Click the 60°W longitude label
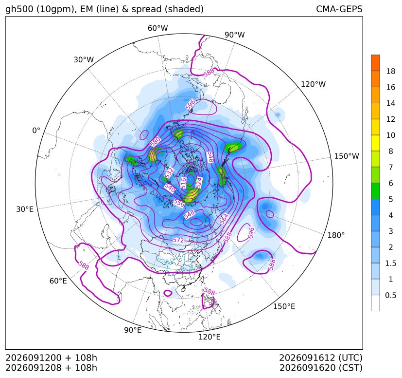(157, 28)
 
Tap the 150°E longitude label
(284, 306)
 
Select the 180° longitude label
(336, 235)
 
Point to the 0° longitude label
(36, 131)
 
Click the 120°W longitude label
(313, 84)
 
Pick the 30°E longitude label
(25, 209)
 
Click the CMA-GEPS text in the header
(339, 9)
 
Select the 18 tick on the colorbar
(391, 71)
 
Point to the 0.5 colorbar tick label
(390, 295)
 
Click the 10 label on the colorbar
(391, 135)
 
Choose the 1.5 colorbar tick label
(390, 263)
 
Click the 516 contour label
(183, 183)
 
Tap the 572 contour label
(178, 240)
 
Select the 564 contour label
(224, 219)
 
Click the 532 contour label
(169, 173)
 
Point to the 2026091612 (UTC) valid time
(321, 358)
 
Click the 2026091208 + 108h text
(51, 368)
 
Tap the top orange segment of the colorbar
(375, 63)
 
